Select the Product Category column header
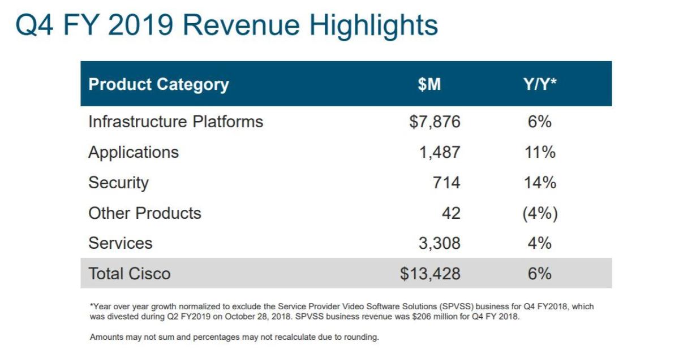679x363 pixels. coord(158,84)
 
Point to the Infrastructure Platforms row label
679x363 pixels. coord(175,122)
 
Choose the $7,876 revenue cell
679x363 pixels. coord(435,122)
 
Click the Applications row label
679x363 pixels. coord(134,152)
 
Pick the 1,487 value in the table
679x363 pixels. coord(440,152)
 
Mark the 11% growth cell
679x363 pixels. coord(540,152)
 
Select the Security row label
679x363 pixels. coord(118,183)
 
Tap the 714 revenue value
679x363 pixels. coord(446,183)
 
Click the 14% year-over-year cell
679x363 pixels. coord(540,183)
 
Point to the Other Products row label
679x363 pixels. coord(145,213)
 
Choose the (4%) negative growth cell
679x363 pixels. coord(540,213)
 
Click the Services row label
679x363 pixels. coord(121,243)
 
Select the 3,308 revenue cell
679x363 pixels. coord(440,243)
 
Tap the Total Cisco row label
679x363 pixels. coord(129,274)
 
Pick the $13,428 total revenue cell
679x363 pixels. coord(430,274)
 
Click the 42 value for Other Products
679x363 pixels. coord(452,213)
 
